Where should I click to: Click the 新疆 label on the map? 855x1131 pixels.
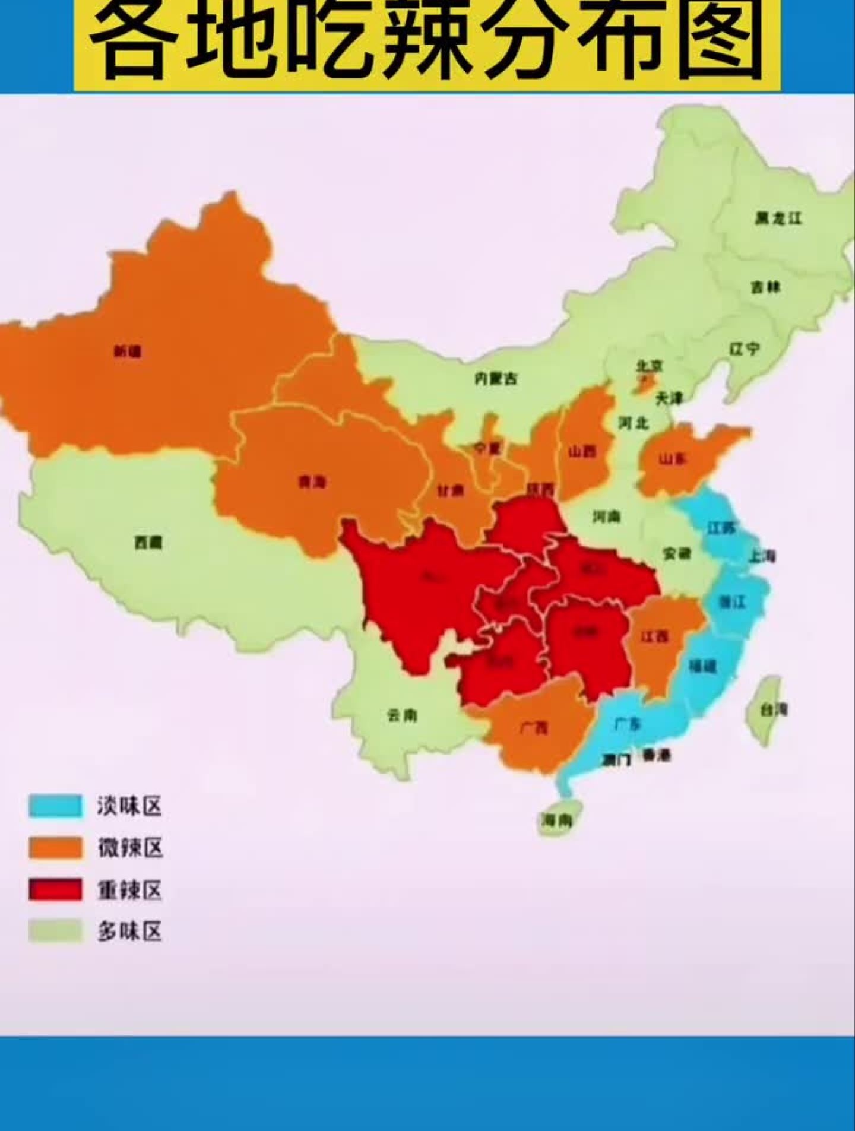point(127,351)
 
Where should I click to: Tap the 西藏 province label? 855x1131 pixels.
point(148,541)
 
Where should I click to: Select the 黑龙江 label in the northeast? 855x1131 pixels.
point(778,218)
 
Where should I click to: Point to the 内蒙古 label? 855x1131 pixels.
point(496,378)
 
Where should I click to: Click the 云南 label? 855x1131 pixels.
point(402,715)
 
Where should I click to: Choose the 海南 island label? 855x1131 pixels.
point(556,821)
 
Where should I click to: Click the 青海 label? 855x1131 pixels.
point(312,482)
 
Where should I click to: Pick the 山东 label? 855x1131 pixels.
point(673,459)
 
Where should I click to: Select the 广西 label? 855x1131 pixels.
point(534,727)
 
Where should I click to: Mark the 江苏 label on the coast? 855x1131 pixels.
point(721,527)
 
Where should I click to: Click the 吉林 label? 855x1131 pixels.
point(765,287)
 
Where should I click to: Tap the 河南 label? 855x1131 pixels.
point(606,517)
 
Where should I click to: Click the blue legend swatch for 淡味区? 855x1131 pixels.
point(56,806)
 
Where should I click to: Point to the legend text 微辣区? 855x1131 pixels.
point(130,848)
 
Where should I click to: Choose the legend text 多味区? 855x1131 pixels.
point(130,932)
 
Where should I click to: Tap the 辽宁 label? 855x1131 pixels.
point(744,349)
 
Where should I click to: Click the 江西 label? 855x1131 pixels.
point(655,636)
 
